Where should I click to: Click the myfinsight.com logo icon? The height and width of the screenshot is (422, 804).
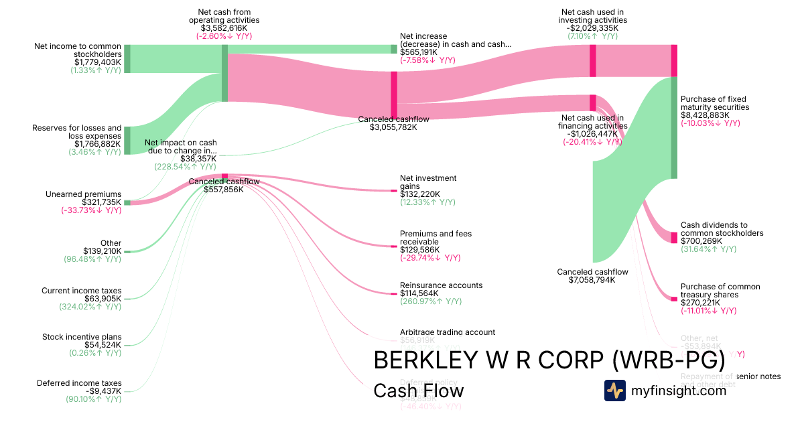[615, 391]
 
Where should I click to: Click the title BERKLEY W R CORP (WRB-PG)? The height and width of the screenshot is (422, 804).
[549, 360]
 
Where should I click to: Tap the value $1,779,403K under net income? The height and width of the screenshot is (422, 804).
[98, 62]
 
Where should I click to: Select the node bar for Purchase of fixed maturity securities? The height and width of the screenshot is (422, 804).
[674, 127]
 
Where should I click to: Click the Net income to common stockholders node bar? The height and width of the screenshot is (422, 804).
[127, 59]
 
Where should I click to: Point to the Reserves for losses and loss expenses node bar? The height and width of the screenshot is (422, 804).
[127, 140]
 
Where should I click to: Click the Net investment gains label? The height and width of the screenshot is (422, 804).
[428, 182]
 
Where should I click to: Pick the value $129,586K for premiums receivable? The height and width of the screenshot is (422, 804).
[419, 250]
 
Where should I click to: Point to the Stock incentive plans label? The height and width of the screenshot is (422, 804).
[82, 337]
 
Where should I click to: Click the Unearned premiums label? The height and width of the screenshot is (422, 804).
[83, 194]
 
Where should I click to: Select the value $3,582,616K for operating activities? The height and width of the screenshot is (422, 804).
[224, 28]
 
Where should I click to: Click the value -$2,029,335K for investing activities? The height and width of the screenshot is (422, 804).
[592, 28]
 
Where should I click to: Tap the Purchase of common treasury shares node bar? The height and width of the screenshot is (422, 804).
[674, 299]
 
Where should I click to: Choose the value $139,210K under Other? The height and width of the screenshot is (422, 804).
[103, 251]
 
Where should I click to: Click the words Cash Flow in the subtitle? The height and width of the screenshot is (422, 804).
[418, 391]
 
